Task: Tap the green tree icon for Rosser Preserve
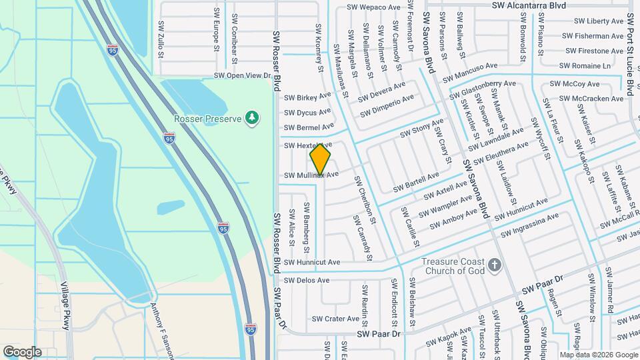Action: [251, 118]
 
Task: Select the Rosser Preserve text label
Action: [208, 118]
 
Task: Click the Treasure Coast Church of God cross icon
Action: [494, 265]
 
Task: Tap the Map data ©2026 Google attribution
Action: [598, 355]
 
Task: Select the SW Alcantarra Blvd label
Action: [529, 5]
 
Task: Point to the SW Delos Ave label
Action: [307, 281]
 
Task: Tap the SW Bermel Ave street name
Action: [309, 127]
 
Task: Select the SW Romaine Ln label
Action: [585, 66]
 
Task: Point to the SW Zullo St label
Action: [161, 37]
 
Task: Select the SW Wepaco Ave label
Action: [373, 7]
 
